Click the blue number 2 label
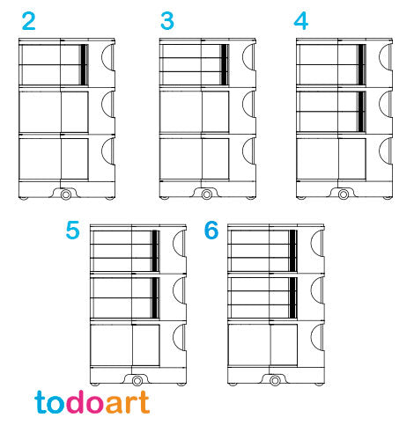pyautogui.click(x=28, y=21)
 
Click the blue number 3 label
pyautogui.click(x=167, y=21)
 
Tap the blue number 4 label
pyautogui.click(x=301, y=21)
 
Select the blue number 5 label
pyautogui.click(x=72, y=231)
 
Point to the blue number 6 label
pyautogui.click(x=211, y=231)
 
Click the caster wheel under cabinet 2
pyautogui.click(x=66, y=194)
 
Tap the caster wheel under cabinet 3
pyautogui.click(x=206, y=194)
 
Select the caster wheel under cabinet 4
pyautogui.click(x=344, y=194)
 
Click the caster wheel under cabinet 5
pyautogui.click(x=137, y=381)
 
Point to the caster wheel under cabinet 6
pyautogui.click(x=275, y=381)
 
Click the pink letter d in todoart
pyautogui.click(x=76, y=402)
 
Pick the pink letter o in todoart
pyautogui.click(x=95, y=405)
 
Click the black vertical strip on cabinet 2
pyautogui.click(x=84, y=65)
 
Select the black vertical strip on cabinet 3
pyautogui.click(x=224, y=65)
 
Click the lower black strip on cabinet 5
pyautogui.click(x=155, y=297)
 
